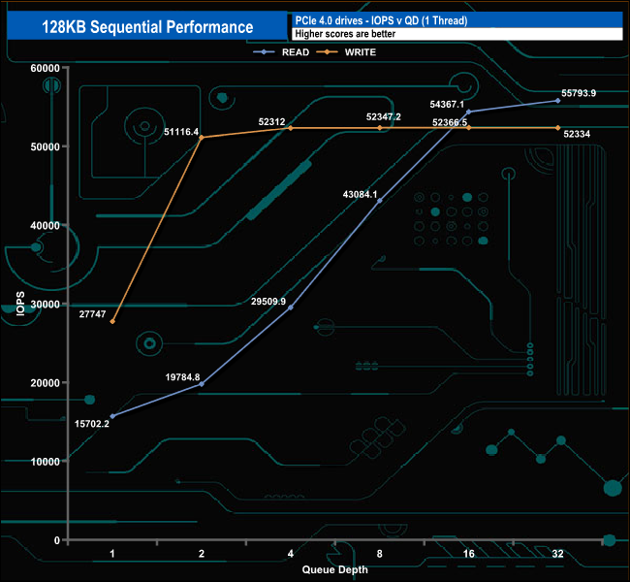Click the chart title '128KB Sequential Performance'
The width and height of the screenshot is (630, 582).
[147, 27]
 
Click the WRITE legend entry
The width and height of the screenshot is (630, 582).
[360, 51]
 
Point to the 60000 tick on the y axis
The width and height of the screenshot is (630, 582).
[44, 68]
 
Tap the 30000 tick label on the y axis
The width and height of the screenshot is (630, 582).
[44, 304]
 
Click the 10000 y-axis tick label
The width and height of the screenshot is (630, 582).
[44, 461]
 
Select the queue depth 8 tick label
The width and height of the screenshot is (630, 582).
[379, 554]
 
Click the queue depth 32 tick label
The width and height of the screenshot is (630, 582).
[557, 554]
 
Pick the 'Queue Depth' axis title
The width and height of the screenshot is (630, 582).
[334, 569]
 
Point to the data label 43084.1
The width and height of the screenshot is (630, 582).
[361, 195]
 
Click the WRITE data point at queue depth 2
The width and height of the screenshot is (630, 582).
[202, 138]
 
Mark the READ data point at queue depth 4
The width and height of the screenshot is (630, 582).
[291, 307]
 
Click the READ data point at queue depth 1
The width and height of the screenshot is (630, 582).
[112, 416]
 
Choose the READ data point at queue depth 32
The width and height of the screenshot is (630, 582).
[557, 101]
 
